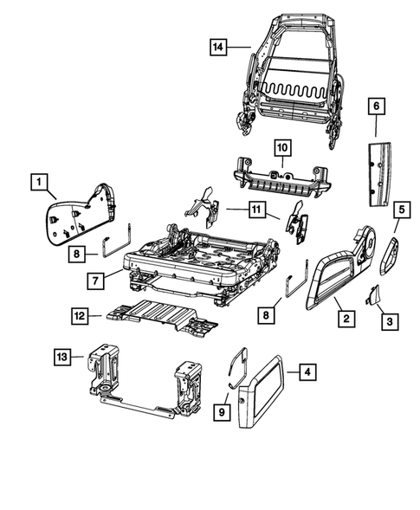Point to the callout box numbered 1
pyautogui.click(x=37, y=182)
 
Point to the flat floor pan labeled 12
pyautogui.click(x=156, y=313)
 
